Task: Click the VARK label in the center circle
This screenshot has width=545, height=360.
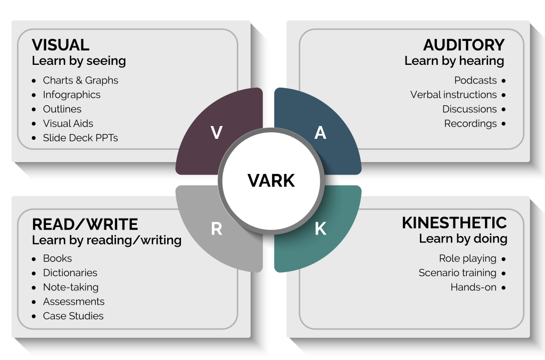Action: (271, 180)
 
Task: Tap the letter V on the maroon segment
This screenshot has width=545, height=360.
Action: (217, 132)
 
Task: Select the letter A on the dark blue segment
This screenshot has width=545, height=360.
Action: (320, 132)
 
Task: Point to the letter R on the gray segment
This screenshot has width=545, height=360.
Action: (216, 229)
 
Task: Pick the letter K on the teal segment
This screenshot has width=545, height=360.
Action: (320, 229)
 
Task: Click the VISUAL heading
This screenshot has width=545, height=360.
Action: (61, 45)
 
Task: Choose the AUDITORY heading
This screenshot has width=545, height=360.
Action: (464, 45)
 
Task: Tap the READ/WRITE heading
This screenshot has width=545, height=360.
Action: (85, 224)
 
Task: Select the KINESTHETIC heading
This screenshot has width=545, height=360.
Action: (455, 223)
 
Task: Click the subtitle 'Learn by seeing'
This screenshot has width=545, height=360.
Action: (79, 61)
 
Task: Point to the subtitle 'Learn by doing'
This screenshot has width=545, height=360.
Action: (463, 239)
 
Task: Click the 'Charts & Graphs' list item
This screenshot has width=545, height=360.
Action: (81, 80)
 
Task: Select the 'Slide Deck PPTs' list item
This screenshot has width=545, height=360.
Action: (80, 138)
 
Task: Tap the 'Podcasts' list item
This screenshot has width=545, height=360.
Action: (475, 80)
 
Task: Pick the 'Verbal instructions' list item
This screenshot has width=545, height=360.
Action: (453, 95)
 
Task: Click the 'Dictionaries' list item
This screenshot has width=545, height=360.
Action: (70, 273)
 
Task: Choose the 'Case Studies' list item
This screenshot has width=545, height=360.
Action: (73, 316)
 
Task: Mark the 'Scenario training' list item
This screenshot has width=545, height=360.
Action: (457, 273)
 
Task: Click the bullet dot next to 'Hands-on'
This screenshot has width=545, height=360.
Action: (503, 288)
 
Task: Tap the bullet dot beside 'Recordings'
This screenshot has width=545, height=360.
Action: (503, 123)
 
